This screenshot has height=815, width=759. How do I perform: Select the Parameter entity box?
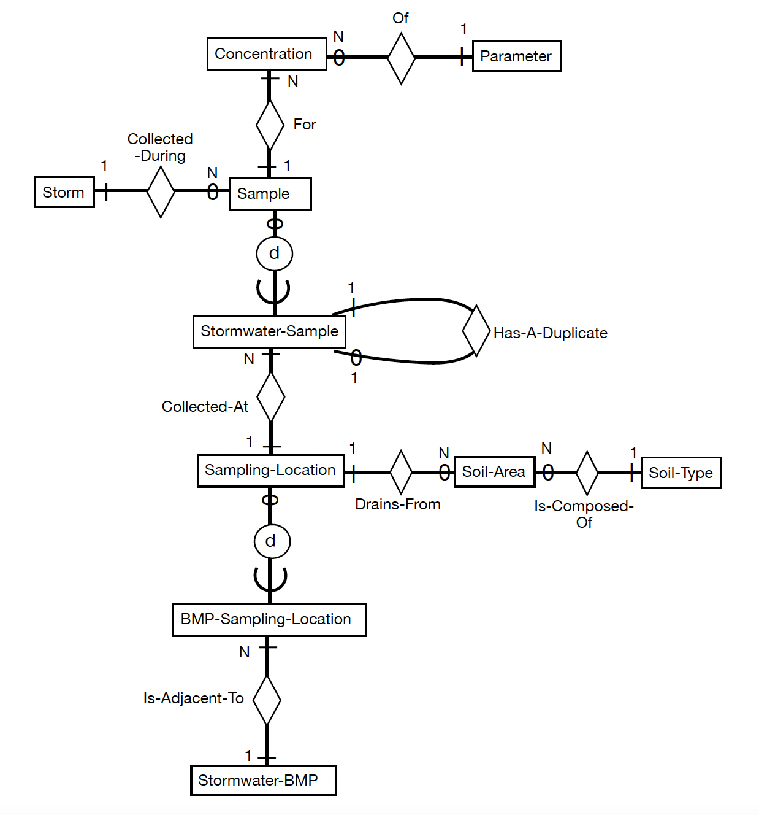[516, 56]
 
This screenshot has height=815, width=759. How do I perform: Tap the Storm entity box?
[64, 192]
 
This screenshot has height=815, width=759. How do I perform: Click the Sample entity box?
[270, 194]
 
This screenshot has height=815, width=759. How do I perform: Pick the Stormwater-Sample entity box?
[269, 332]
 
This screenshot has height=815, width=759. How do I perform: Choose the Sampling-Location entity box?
[270, 471]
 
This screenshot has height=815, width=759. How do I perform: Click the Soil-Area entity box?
[494, 472]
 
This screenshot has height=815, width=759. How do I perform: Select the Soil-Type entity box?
[681, 473]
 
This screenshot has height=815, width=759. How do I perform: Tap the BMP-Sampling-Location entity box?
[269, 619]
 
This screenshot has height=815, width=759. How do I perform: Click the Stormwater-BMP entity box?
[263, 780]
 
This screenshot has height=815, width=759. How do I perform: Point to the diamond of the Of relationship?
[402, 58]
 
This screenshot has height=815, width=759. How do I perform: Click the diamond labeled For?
[270, 125]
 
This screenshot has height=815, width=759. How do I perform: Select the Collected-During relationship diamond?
[161, 191]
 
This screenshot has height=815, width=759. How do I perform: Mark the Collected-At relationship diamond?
[271, 396]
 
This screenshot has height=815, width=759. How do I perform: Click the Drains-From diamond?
[401, 472]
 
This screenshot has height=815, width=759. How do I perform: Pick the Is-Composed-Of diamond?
[587, 473]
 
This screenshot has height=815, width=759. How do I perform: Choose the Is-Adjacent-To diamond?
[267, 700]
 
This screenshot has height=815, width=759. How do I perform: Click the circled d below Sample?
[274, 253]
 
